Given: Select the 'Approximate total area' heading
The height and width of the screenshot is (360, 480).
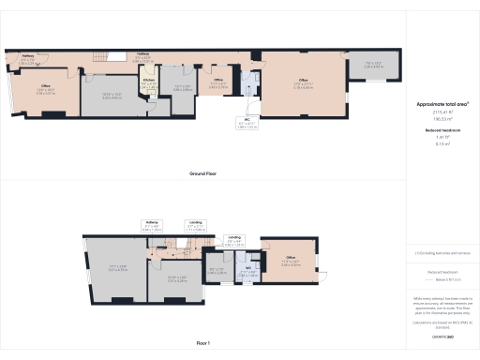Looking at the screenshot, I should (x=442, y=104).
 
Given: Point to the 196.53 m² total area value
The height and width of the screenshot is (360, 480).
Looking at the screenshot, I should (x=442, y=118).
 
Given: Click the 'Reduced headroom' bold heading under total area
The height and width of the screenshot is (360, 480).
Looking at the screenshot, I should (x=442, y=129).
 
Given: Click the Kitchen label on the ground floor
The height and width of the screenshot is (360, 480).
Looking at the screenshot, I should (x=148, y=81).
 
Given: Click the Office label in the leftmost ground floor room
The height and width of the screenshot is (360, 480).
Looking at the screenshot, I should (x=45, y=89).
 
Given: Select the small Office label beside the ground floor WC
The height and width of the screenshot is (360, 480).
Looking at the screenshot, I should (x=217, y=81).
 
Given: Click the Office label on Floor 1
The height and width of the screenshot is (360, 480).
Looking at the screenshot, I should (x=291, y=259).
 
